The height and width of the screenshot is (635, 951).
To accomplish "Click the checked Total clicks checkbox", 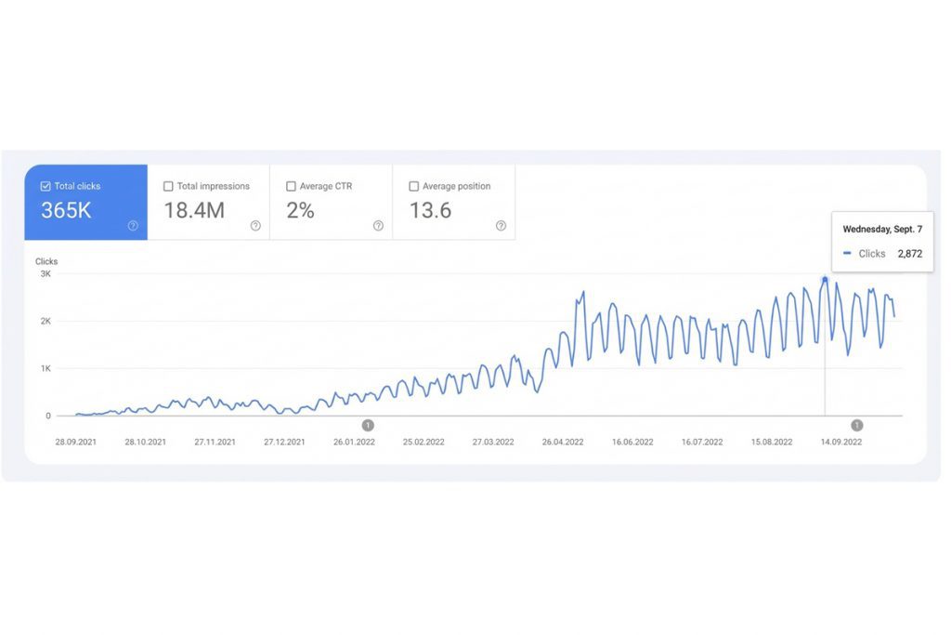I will click(46, 186).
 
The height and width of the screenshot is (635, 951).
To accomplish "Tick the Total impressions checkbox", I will click(168, 186).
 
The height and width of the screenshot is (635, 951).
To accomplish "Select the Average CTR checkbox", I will click(292, 186).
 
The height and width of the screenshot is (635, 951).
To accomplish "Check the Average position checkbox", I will click(414, 186).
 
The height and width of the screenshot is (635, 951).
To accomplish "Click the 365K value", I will click(66, 211).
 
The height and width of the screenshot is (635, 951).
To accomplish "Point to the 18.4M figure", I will click(194, 211).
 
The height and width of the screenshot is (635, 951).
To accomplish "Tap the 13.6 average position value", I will click(430, 211).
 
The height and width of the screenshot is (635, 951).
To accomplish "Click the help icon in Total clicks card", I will click(133, 225).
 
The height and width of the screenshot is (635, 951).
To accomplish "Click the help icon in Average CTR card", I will click(378, 225).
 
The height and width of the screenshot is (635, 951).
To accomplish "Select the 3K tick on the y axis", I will click(45, 274).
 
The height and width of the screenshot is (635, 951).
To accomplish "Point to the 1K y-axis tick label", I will click(45, 369).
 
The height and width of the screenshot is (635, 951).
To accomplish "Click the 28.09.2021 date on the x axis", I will click(76, 443).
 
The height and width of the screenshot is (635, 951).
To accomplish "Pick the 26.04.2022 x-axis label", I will click(563, 443).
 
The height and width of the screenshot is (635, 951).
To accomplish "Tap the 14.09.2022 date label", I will click(840, 443).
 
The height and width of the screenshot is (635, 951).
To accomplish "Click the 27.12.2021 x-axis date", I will click(284, 443).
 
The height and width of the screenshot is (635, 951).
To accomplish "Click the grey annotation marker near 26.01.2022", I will click(368, 425).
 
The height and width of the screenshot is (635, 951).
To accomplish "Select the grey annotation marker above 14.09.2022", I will click(856, 425).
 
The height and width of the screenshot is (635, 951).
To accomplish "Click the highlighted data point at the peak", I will click(825, 279).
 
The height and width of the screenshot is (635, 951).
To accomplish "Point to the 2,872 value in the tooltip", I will click(909, 254).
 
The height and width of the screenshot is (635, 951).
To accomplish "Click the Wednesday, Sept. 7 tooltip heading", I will click(882, 229).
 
